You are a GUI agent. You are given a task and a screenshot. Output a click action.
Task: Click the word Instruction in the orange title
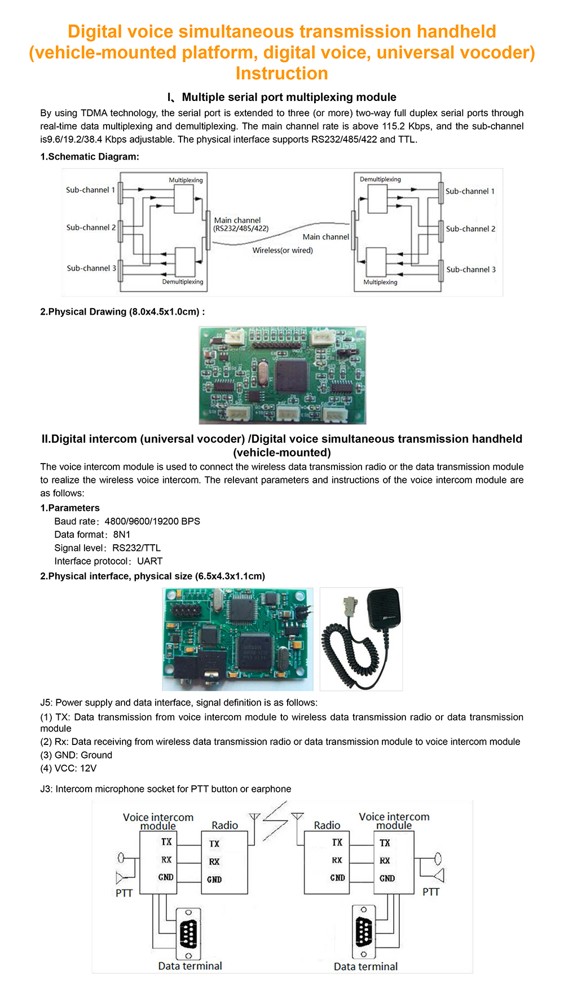pyautogui.click(x=281, y=73)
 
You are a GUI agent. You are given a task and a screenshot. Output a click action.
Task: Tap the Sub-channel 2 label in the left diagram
pyautogui.click(x=91, y=227)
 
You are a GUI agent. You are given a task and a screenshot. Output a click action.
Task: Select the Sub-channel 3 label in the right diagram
pyautogui.click(x=470, y=270)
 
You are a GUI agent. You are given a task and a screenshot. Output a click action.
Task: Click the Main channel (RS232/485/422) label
pyautogui.click(x=241, y=224)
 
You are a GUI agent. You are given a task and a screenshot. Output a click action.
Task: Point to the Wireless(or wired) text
pyautogui.click(x=283, y=250)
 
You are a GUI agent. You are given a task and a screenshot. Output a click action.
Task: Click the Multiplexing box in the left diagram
pyautogui.click(x=184, y=200)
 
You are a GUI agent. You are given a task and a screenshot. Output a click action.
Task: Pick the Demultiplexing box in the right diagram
pyautogui.click(x=377, y=199)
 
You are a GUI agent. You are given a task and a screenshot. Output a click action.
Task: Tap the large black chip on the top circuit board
pyautogui.click(x=292, y=374)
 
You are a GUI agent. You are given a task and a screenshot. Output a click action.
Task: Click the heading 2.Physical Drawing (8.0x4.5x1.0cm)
pyautogui.click(x=122, y=312)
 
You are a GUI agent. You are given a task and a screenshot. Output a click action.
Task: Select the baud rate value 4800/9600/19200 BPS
pyautogui.click(x=152, y=521)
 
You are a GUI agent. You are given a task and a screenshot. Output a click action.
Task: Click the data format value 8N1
pyautogui.click(x=122, y=535)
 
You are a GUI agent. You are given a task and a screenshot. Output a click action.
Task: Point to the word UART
pyautogui.click(x=150, y=561)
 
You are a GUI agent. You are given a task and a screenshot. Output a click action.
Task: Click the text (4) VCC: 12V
pyautogui.click(x=68, y=768)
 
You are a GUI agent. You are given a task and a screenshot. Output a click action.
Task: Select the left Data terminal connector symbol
pyautogui.click(x=189, y=933)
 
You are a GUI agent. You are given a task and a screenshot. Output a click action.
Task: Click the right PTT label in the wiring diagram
pyautogui.click(x=431, y=892)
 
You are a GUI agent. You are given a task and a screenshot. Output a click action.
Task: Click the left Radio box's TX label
pyautogui.click(x=214, y=844)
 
